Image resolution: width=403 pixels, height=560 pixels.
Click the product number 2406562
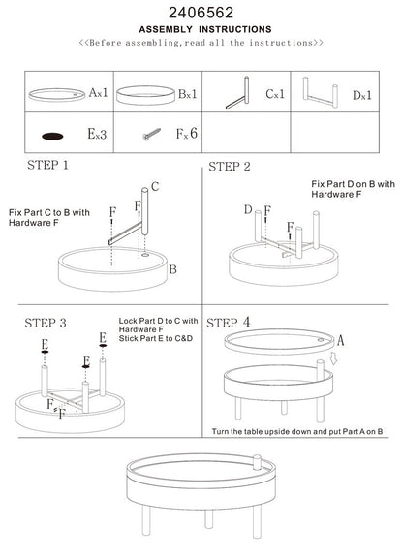pyautogui.click(x=201, y=12)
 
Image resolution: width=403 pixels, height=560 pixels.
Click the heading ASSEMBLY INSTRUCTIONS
pyautogui.click(x=201, y=29)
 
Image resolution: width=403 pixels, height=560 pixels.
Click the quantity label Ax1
pyautogui.click(x=97, y=94)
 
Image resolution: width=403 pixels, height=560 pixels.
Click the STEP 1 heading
pyautogui.click(x=49, y=166)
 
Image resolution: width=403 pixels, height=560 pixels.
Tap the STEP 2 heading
pyautogui.click(x=230, y=167)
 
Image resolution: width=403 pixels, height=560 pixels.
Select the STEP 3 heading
pyautogui.click(x=44, y=322)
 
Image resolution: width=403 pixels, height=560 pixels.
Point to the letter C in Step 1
pyautogui.click(x=154, y=186)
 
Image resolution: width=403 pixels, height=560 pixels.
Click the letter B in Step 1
pyautogui.click(x=172, y=270)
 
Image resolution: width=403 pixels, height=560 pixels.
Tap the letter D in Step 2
pyautogui.click(x=248, y=208)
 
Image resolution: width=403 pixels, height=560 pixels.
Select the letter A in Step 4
pyautogui.click(x=341, y=339)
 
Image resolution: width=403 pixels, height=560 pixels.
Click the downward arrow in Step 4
pyautogui.click(x=332, y=360)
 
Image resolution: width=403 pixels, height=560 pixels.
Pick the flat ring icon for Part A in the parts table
pyautogui.click(x=56, y=94)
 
